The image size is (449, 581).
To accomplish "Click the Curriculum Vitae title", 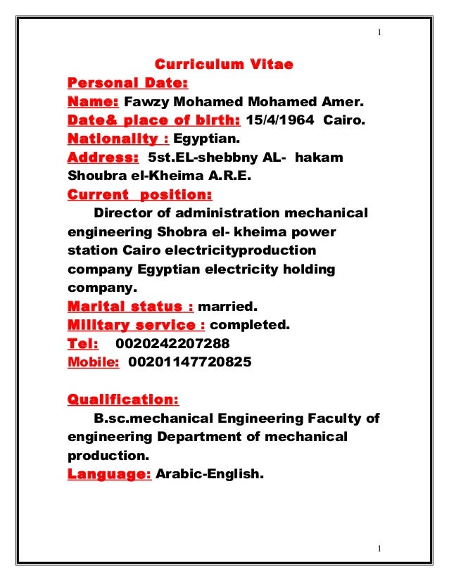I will click(223, 65).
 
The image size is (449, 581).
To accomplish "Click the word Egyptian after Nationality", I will click(202, 139).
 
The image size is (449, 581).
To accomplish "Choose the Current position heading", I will click(139, 193).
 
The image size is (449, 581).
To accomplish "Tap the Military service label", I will click(136, 325).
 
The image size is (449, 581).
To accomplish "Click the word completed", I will click(251, 325).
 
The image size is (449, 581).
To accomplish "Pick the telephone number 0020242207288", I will click(171, 344).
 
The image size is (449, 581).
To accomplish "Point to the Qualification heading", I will click(123, 400).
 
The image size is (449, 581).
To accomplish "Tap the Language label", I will click(109, 475).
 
